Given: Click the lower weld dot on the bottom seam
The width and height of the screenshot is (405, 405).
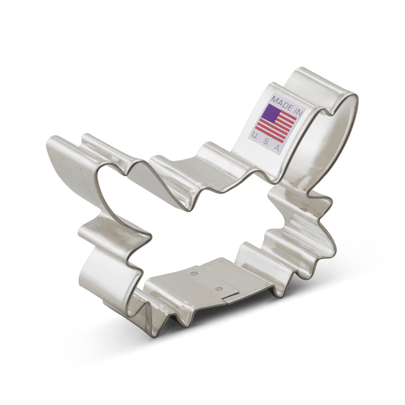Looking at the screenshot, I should coord(218,289).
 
